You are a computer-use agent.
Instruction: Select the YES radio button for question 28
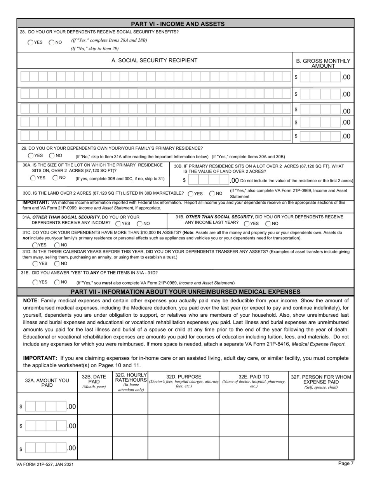(x=31, y=42)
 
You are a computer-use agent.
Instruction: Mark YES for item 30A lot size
(x=33, y=178)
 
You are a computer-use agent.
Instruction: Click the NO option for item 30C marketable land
(x=212, y=194)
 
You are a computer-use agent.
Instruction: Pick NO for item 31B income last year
(x=268, y=223)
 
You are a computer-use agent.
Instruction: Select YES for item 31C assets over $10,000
(x=35, y=245)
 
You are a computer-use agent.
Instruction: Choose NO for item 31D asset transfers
(x=57, y=263)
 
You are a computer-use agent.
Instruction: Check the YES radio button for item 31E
(x=35, y=282)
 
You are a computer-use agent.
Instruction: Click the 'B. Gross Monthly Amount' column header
(x=323, y=63)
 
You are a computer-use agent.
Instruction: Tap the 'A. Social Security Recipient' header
(x=154, y=61)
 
